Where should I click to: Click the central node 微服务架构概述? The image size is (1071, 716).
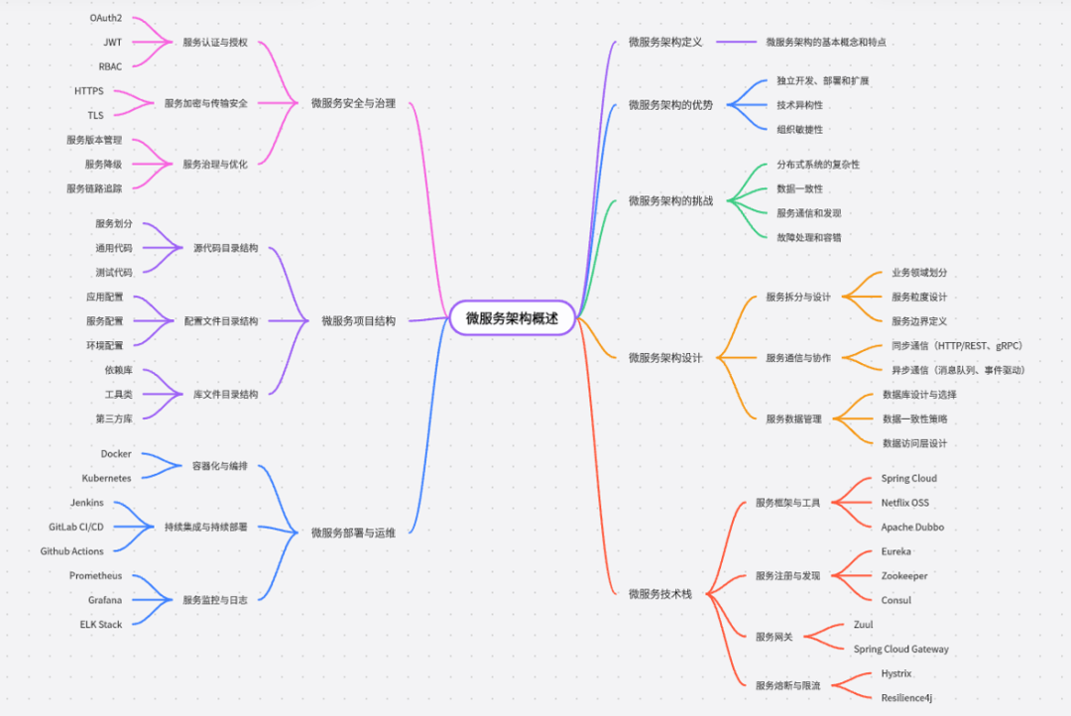[x=512, y=318]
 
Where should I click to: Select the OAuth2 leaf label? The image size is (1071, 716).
[x=106, y=19]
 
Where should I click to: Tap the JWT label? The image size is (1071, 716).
[x=113, y=43]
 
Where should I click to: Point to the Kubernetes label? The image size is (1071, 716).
[x=100, y=478]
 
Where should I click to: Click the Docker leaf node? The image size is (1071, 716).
[x=116, y=454]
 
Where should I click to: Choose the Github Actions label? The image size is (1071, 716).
[x=71, y=551]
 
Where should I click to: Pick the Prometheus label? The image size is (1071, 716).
[x=96, y=576]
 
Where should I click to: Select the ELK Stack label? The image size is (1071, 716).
[x=101, y=625]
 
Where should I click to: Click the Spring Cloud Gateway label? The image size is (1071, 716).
[x=900, y=650]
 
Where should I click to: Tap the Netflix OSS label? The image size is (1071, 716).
[x=905, y=503]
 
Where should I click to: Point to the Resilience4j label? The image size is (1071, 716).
[x=906, y=698]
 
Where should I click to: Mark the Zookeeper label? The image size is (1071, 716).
[x=904, y=576]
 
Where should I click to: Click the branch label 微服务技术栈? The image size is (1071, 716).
[x=659, y=593]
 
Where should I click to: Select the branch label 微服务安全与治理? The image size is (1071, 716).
[x=353, y=103]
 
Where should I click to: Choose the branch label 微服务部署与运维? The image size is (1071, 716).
[x=353, y=534]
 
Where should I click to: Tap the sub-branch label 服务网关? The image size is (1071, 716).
[x=774, y=637]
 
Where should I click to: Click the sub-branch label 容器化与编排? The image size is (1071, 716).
[x=220, y=466]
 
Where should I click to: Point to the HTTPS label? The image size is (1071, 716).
[x=89, y=91]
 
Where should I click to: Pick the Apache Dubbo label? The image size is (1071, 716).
[x=911, y=528]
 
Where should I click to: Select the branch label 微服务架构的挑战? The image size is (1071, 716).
[x=670, y=201]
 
